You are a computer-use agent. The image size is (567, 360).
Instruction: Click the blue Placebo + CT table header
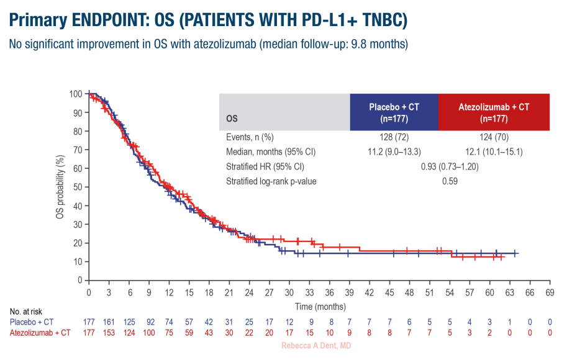394,112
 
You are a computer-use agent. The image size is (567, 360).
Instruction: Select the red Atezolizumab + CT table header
494,112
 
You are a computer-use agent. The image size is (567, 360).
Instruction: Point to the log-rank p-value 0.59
450,181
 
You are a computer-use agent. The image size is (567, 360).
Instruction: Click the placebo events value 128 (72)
394,137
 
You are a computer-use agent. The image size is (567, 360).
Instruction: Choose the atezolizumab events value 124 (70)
494,137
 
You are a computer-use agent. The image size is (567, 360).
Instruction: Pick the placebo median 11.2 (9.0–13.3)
394,151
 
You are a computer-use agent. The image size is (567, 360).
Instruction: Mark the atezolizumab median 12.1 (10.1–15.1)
494,151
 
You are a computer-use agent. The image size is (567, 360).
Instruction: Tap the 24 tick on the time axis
249,292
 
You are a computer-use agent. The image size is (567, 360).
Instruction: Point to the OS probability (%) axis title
61,187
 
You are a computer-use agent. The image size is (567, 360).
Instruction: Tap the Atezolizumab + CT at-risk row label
39,333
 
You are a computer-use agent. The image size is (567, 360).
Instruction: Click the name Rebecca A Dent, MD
316,345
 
